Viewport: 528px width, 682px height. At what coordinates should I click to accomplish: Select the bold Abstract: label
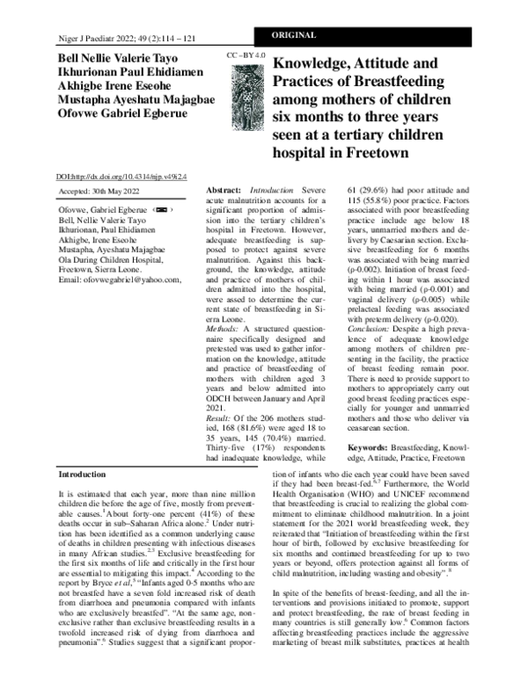pos(224,190)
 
